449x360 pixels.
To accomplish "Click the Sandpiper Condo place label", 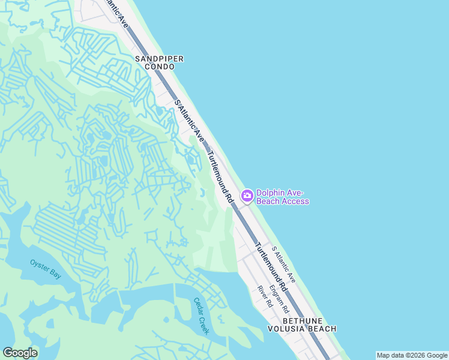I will point(158,62).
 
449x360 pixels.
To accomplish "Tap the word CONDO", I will point(158,67).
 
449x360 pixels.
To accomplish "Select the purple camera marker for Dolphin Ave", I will point(247,196).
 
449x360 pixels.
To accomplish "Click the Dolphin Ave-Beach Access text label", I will point(282,197).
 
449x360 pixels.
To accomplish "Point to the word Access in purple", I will point(296,202).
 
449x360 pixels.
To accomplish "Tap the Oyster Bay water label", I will point(46,269).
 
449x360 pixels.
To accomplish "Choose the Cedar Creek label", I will point(200,316).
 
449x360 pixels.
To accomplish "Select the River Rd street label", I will point(265,296).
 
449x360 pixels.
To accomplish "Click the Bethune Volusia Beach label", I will point(302,325).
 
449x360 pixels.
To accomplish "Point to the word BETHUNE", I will point(302,320).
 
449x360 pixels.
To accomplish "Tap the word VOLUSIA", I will point(286,329).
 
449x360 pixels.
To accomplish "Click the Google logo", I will point(20,353).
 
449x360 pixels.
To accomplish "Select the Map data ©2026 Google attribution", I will point(412,355).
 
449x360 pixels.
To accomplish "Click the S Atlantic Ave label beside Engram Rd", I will point(283,264).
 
